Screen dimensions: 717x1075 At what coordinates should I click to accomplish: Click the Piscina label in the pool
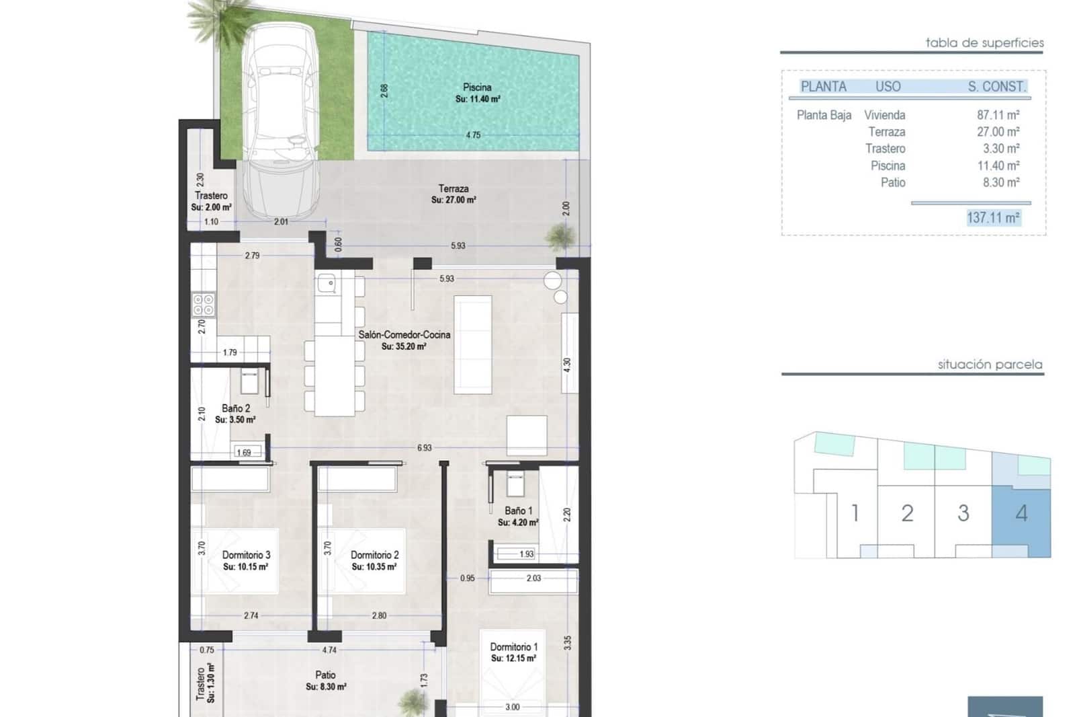click(x=477, y=87)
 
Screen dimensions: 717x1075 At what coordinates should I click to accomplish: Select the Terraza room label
click(x=454, y=189)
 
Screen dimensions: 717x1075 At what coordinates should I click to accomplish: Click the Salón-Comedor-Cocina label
click(x=404, y=335)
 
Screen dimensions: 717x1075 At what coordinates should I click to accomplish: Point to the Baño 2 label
click(x=236, y=408)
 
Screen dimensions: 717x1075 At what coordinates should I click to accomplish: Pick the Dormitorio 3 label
click(x=246, y=555)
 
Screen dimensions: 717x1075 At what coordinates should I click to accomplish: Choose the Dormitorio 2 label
click(x=374, y=555)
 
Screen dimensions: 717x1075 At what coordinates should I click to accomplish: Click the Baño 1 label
click(x=519, y=511)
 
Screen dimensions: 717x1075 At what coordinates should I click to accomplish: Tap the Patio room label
click(x=325, y=675)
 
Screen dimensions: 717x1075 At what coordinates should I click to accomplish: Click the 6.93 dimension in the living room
click(x=424, y=448)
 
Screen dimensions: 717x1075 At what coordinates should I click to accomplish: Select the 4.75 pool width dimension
click(x=473, y=135)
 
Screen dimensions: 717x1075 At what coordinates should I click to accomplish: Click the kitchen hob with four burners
click(x=204, y=305)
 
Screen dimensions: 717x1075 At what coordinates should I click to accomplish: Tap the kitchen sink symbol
click(x=327, y=284)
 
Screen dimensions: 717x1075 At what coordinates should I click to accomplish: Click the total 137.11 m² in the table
click(x=993, y=218)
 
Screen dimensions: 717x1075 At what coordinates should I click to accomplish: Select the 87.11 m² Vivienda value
click(x=998, y=115)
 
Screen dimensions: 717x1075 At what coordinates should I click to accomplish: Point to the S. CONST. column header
click(x=996, y=87)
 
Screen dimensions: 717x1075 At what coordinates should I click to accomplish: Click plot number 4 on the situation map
click(x=1021, y=514)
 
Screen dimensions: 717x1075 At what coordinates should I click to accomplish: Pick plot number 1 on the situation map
click(x=855, y=513)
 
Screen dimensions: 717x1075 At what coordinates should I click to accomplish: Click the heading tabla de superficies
click(x=984, y=43)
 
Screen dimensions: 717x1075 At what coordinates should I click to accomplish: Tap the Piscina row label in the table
click(x=888, y=165)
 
